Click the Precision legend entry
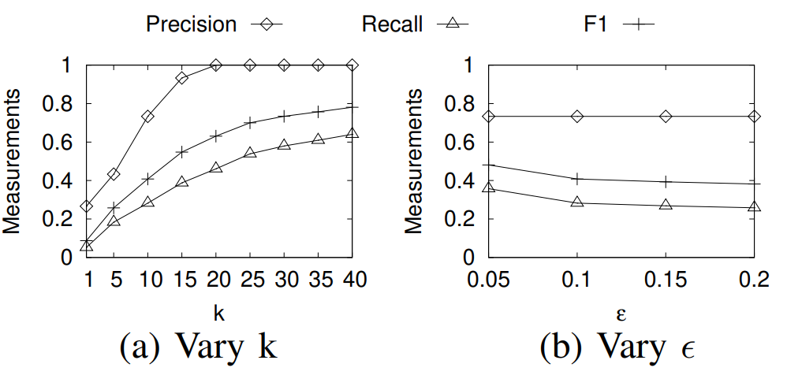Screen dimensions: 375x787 (213, 24)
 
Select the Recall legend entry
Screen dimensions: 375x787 (414, 24)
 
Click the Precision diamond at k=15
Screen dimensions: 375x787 (181, 78)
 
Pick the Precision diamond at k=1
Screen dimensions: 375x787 (87, 206)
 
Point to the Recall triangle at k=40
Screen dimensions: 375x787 (352, 134)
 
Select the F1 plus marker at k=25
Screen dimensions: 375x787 (250, 123)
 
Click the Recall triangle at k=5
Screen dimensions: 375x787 (114, 221)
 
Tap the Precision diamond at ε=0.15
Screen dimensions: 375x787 (666, 117)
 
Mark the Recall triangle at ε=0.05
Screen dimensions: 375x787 (489, 187)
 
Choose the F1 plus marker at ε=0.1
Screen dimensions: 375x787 (577, 179)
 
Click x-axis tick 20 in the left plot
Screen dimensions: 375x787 (216, 280)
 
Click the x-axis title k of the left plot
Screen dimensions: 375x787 (219, 313)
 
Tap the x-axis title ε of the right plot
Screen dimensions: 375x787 (621, 313)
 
